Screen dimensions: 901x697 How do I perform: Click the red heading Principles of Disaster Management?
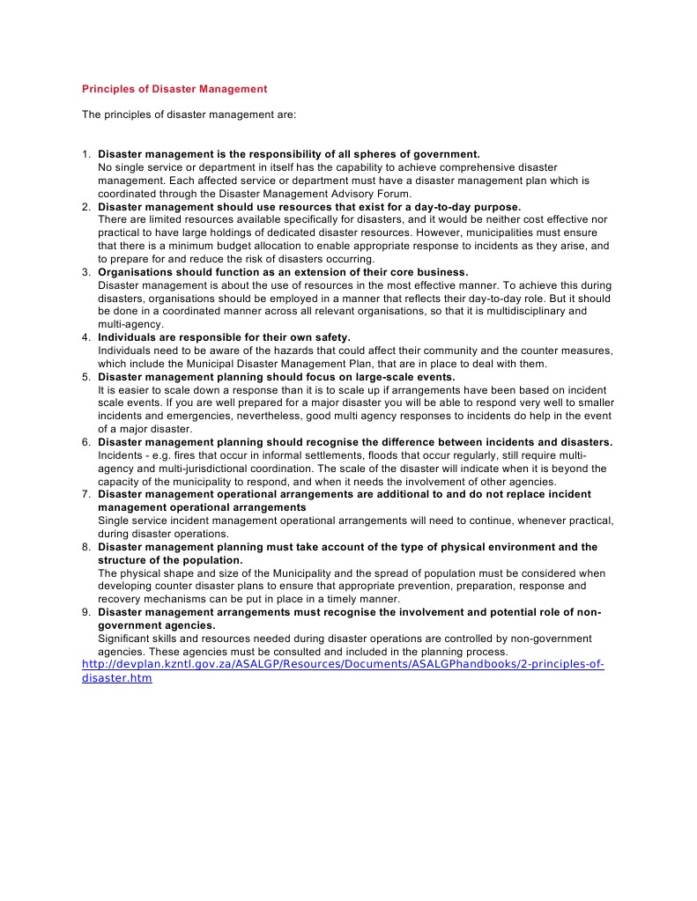coord(174,89)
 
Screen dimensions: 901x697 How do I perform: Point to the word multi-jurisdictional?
coord(189,469)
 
